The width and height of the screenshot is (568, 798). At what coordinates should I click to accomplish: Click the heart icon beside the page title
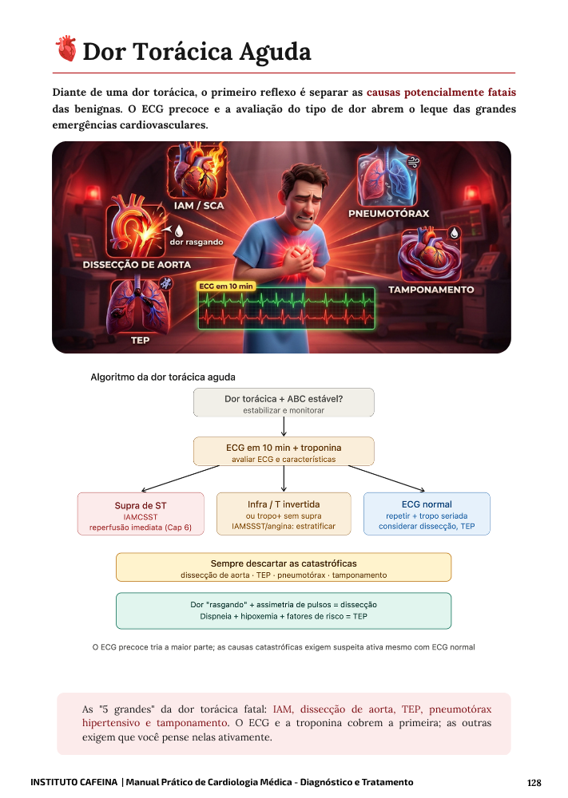(66, 49)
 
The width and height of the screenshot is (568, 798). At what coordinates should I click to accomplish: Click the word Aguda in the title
(275, 52)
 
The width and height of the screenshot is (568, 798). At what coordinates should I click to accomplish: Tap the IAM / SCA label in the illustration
(199, 206)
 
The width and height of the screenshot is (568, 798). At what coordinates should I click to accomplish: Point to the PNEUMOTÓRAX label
(389, 214)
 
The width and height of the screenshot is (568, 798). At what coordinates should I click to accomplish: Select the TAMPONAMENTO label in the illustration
(431, 290)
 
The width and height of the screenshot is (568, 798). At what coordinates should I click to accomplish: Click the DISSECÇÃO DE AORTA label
(137, 265)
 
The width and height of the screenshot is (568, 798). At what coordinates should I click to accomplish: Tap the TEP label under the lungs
(140, 340)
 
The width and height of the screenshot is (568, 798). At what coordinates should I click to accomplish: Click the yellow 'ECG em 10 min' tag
(225, 286)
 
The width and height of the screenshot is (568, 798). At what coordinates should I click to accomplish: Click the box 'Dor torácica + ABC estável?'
(284, 402)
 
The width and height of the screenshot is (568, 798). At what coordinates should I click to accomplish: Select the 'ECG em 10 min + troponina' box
(284, 452)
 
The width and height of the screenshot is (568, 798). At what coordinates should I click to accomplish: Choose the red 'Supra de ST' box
(141, 514)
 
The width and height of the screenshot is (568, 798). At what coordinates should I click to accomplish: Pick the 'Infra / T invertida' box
(284, 514)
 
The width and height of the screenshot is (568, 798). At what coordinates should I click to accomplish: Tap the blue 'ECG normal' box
(427, 514)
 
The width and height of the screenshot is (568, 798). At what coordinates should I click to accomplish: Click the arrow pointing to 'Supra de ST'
(181, 478)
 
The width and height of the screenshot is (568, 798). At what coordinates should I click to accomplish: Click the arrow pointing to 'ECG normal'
(387, 478)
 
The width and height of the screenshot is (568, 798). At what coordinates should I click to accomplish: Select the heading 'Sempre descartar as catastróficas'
(284, 563)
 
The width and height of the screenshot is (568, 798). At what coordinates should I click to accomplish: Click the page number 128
(534, 783)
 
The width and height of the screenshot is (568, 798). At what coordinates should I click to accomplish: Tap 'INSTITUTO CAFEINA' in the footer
(73, 782)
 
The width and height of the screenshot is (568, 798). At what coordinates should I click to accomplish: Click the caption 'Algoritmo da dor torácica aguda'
(163, 377)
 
